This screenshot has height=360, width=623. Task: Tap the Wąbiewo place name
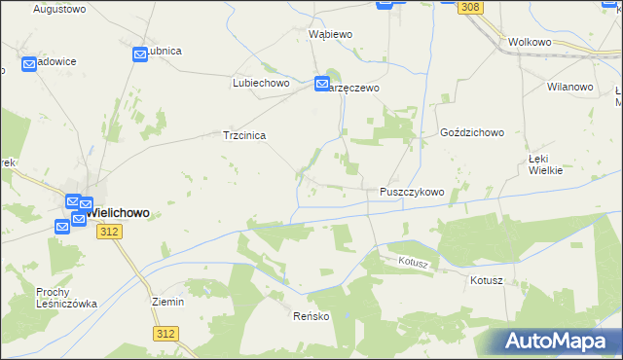pos(330,33)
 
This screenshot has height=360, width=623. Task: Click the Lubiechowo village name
pos(262,84)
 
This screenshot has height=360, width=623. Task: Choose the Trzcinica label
pos(245,136)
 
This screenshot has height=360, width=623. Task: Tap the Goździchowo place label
pos(471,131)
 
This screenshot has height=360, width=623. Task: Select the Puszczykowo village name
pos(412,193)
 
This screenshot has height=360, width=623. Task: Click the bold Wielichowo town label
pos(115,212)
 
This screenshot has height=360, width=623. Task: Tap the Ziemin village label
pos(168,302)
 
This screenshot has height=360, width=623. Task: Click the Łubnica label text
pos(164,52)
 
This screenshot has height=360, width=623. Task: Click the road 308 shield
pos(471,7)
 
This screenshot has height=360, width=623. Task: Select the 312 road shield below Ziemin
pos(165,333)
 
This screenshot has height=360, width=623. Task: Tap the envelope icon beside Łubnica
pos(140,54)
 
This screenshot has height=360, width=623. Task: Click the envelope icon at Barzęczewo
pos(322,86)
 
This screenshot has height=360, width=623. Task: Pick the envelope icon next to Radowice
pos(28,65)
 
